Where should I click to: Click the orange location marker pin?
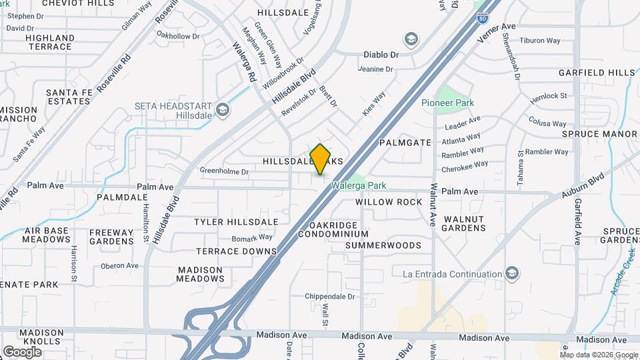pyautogui.click(x=321, y=159)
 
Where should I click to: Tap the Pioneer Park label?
pyautogui.click(x=447, y=103)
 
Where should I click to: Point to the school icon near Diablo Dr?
pyautogui.click(x=411, y=39)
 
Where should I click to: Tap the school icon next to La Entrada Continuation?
pyautogui.click(x=512, y=273)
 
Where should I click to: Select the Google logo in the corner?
pyautogui.click(x=22, y=351)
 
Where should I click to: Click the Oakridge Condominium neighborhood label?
pyautogui.click(x=333, y=229)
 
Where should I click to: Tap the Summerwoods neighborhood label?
pyautogui.click(x=383, y=245)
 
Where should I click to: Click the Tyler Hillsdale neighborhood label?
pyautogui.click(x=236, y=221)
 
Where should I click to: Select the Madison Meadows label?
pyautogui.click(x=200, y=274)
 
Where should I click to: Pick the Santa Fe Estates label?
pyautogui.click(x=67, y=97)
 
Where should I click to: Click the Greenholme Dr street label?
pyautogui.click(x=224, y=171)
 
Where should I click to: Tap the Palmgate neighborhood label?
pyautogui.click(x=405, y=143)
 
